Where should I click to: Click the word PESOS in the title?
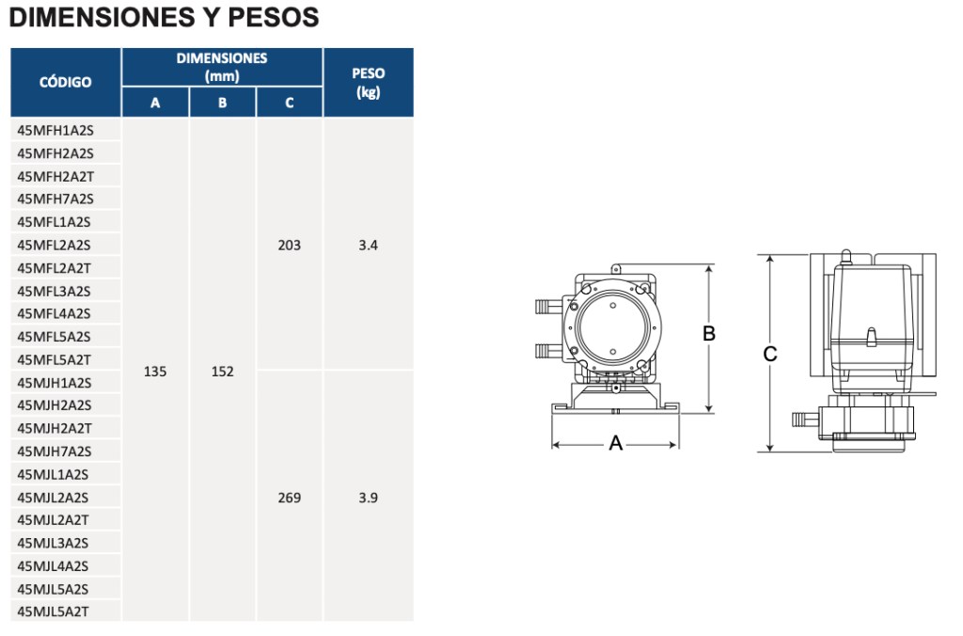274,17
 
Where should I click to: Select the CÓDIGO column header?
65,82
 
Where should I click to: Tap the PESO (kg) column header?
369,83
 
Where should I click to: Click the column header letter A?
155,103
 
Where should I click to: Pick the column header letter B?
222,103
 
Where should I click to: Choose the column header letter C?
290,103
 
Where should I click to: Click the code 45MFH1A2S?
55,130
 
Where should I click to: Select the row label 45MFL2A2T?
54,268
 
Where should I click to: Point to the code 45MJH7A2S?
54,452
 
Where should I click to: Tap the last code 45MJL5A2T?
53,612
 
